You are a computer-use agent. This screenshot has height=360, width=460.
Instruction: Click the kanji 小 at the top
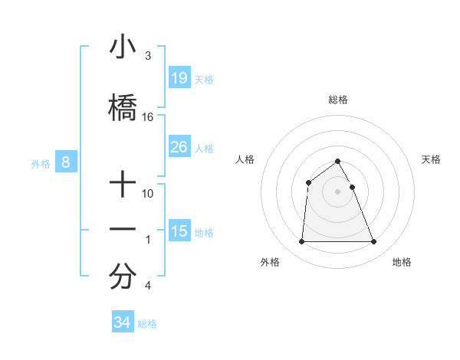pos(123,47)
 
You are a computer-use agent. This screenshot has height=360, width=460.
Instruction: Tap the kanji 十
pos(123,184)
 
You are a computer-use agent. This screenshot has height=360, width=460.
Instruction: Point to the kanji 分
pos(123,277)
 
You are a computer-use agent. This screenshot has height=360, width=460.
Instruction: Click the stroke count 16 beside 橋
pos(148,117)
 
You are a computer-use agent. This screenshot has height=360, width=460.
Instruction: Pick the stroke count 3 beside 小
pos(147,56)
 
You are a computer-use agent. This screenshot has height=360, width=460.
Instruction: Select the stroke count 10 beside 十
pos(148,194)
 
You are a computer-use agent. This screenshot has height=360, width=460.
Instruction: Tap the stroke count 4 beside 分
pos(147,286)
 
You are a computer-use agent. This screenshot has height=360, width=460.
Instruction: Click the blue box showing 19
pos(179,77)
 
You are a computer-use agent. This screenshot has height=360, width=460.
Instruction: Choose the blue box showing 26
pos(179,147)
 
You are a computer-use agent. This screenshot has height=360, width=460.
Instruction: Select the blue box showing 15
pos(179,231)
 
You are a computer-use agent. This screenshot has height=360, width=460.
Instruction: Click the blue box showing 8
pos(66,162)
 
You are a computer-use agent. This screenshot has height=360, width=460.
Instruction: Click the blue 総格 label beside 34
pos(147,324)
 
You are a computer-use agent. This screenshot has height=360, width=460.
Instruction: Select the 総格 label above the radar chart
pos(337,100)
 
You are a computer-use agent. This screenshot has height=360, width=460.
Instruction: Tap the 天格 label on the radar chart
pos(432,159)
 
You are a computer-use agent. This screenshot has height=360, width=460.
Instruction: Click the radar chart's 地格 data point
pos(373,242)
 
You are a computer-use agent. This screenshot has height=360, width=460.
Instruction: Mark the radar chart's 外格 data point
pos(301,242)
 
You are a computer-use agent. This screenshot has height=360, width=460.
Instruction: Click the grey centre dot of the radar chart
pos(337,191)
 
